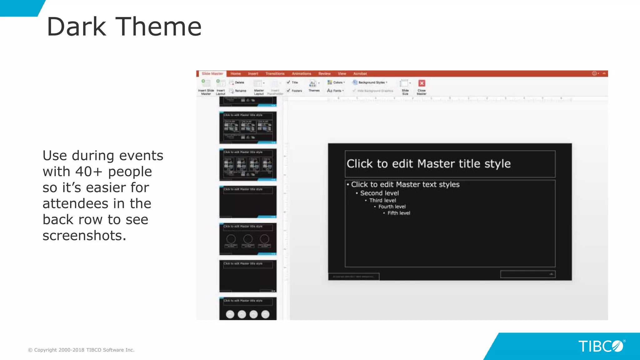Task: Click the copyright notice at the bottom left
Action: [81, 350]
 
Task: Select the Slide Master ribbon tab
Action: [212, 74]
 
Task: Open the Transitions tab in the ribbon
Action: [275, 74]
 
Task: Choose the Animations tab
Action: [301, 74]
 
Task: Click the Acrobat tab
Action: [360, 74]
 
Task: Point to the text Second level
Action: [379, 193]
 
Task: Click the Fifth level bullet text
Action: [399, 213]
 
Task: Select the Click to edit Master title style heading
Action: [428, 164]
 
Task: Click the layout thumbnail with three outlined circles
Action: [248, 239]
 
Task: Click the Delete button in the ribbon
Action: [239, 82]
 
